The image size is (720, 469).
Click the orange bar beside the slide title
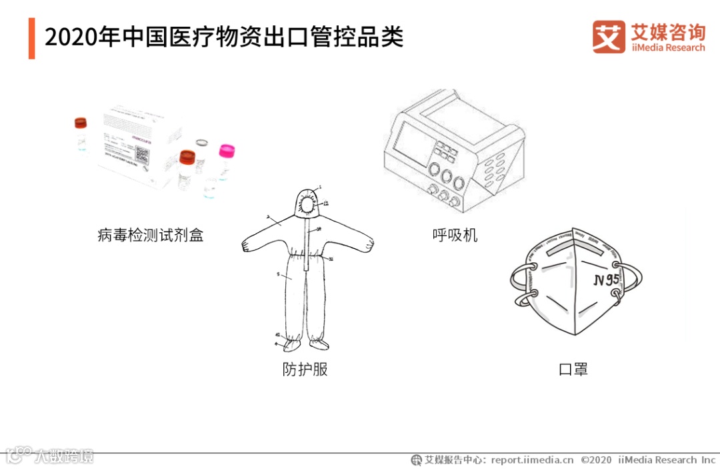[31, 38]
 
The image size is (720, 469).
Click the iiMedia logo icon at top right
[609, 37]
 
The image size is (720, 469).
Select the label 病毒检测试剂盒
[150, 235]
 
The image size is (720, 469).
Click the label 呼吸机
[455, 235]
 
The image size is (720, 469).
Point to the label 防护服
[305, 368]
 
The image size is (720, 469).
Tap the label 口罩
[573, 368]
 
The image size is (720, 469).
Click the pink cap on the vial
[227, 150]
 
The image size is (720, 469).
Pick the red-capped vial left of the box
[81, 132]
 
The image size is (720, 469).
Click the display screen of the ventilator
[411, 143]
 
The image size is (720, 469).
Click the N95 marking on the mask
[607, 280]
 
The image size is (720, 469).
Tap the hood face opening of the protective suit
[308, 201]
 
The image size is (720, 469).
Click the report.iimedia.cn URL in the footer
[532, 460]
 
